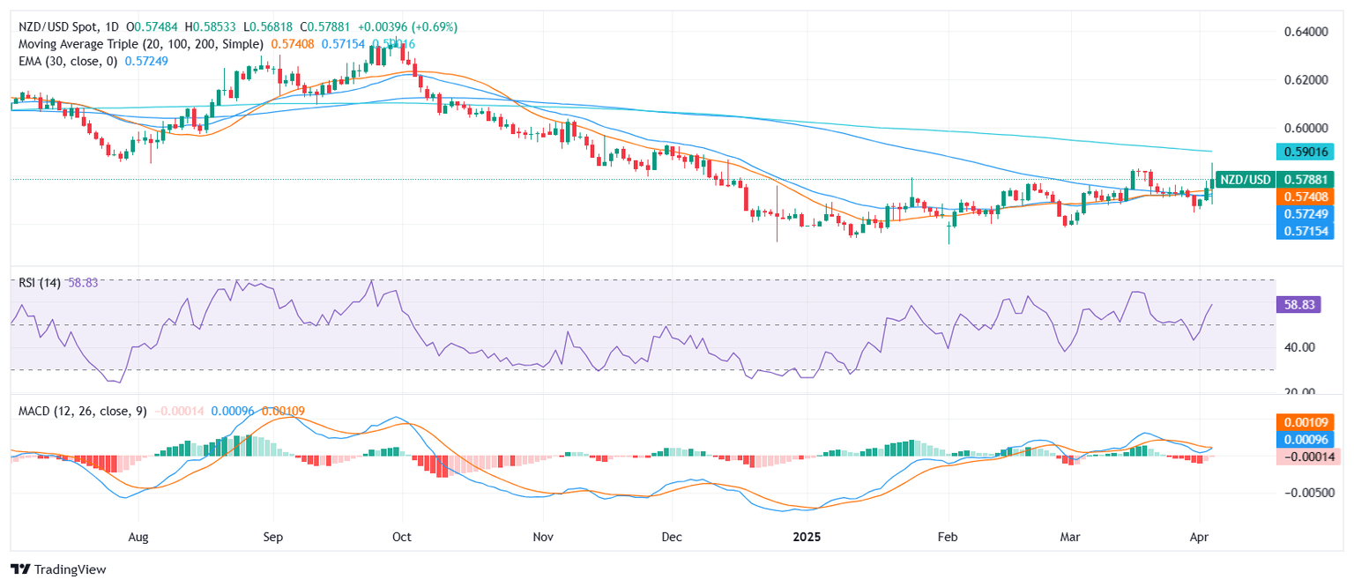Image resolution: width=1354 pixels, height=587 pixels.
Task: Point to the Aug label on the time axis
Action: (138, 536)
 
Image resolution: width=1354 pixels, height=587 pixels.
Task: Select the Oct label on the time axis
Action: (402, 536)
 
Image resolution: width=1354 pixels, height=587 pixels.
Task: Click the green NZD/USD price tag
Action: (1246, 180)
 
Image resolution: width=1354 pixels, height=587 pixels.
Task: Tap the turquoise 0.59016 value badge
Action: (1309, 152)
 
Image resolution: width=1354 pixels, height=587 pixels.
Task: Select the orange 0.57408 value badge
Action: (1309, 197)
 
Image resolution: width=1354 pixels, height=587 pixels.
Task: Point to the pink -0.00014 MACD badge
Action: (1309, 457)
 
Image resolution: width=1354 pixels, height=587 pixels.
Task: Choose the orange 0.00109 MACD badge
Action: (1309, 420)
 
